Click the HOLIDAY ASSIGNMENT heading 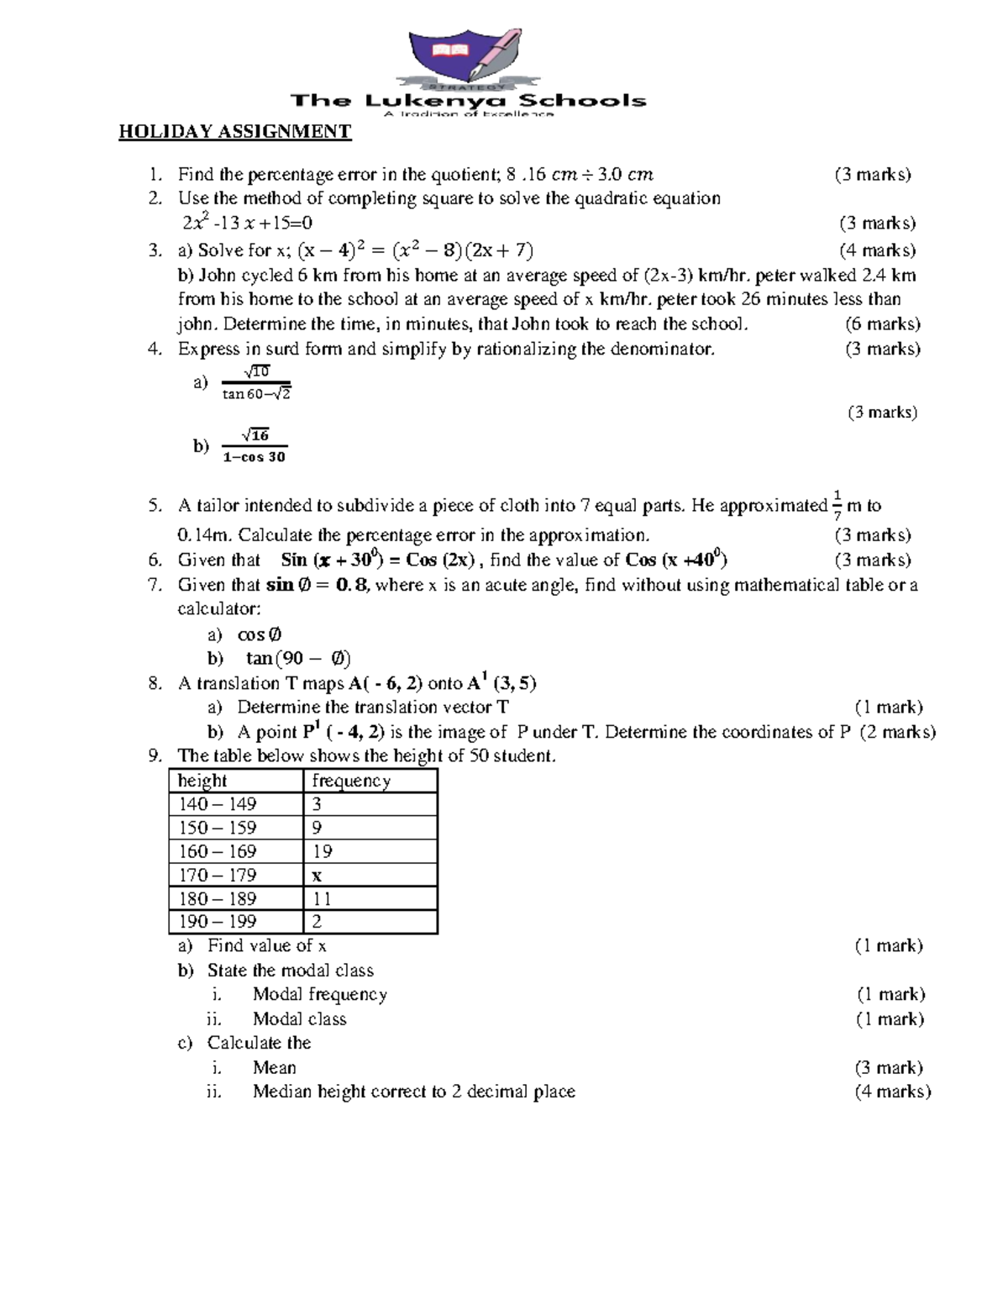[x=234, y=132]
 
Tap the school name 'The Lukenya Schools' [x=468, y=101]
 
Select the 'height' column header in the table [x=202, y=781]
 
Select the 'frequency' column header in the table [x=351, y=781]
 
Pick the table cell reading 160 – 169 [x=218, y=851]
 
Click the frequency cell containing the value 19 [x=323, y=851]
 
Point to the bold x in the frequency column [x=317, y=875]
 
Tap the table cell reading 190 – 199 [x=218, y=922]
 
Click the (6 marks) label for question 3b [x=882, y=324]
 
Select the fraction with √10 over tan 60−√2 [x=255, y=382]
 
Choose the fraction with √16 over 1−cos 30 [x=254, y=446]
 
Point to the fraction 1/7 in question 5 [x=837, y=505]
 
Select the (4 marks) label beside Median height [x=893, y=1092]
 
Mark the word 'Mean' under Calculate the [x=274, y=1067]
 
